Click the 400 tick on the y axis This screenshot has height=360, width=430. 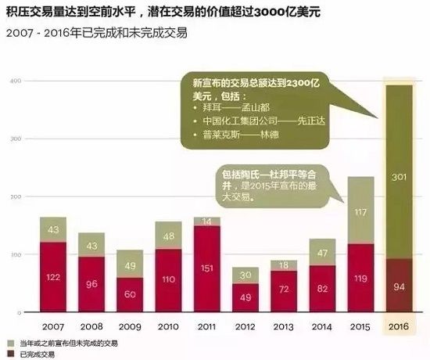pos(14,81)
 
